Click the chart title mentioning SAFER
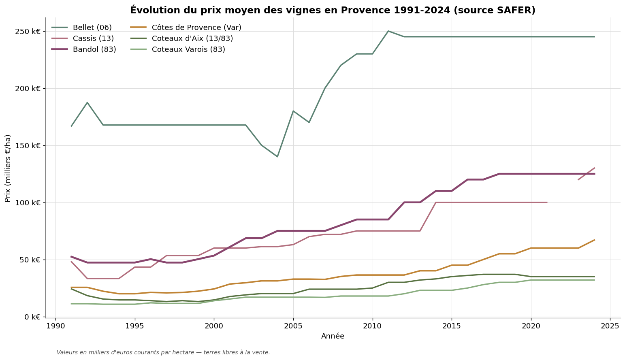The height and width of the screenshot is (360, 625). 333,11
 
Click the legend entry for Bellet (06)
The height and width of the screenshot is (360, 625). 92,28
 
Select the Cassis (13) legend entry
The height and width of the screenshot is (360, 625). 93,38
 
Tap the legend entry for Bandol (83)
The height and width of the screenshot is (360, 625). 94,49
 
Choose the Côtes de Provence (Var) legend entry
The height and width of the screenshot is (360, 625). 196,28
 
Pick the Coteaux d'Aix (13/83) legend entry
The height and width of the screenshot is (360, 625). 192,38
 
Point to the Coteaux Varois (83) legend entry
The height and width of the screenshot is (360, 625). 188,49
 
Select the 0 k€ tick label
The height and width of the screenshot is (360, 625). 32,317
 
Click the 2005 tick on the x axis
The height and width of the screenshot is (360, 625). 293,326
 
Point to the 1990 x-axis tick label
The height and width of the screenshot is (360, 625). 55,326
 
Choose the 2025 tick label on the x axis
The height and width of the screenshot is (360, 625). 610,326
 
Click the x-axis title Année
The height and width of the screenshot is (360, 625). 333,336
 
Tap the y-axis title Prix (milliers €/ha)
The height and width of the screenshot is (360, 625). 8,168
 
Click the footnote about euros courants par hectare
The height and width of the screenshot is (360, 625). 163,352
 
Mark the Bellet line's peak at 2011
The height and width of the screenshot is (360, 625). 388,31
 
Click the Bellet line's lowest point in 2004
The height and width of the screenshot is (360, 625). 277,157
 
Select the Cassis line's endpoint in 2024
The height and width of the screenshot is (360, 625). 594,168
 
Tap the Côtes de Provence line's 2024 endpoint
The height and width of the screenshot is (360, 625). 594,240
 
